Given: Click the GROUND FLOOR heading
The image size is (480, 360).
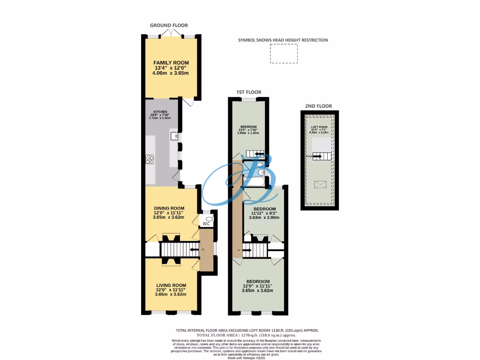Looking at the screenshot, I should tap(169, 25).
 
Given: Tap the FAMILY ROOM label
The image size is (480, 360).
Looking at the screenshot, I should tap(171, 62).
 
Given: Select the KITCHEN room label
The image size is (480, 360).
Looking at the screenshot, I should tap(160, 112).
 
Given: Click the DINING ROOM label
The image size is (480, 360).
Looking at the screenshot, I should tap(169, 208).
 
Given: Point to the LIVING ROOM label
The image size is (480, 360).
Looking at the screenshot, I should tap(171, 285).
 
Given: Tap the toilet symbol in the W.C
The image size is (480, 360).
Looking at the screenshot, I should tap(209, 219).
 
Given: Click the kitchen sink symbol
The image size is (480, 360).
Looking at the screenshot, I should tap(174, 137).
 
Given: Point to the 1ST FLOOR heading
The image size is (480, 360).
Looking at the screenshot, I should tap(249, 92).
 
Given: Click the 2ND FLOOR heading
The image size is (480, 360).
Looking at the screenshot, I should tap(320, 106).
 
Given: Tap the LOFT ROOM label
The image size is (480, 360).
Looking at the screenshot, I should tap(319, 127).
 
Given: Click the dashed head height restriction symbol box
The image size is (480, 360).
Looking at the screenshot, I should tap(284, 54).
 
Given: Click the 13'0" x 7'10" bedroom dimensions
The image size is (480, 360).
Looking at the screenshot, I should tap(248, 130).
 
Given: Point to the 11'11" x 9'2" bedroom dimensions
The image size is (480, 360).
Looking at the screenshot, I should tap(264, 213).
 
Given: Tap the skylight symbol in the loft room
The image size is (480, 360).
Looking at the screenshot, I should tap(321, 184).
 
